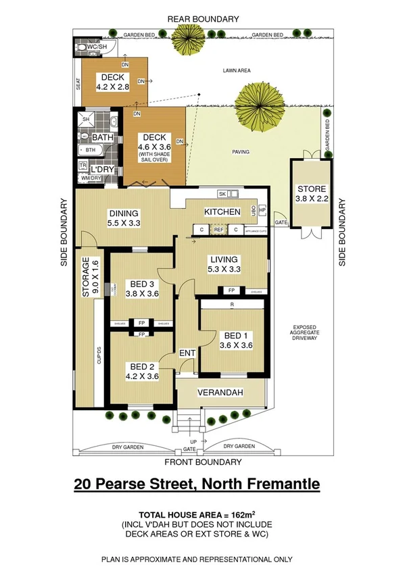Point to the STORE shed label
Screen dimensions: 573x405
pos(310,189)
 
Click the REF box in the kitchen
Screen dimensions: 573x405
pos(218,230)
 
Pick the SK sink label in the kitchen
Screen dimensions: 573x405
pos(221,193)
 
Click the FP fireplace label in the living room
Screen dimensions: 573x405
pos(231,291)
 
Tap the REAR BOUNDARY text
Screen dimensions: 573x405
pos(204,19)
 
